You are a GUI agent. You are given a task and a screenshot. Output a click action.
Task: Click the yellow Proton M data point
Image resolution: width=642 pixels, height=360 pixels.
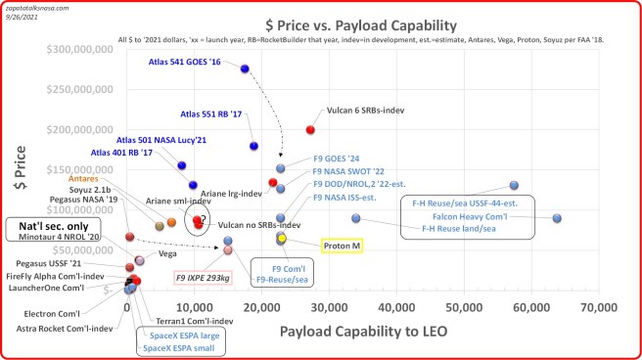[x=282, y=238]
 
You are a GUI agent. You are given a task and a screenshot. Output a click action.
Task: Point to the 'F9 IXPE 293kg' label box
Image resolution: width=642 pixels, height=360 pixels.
[x=204, y=278]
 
